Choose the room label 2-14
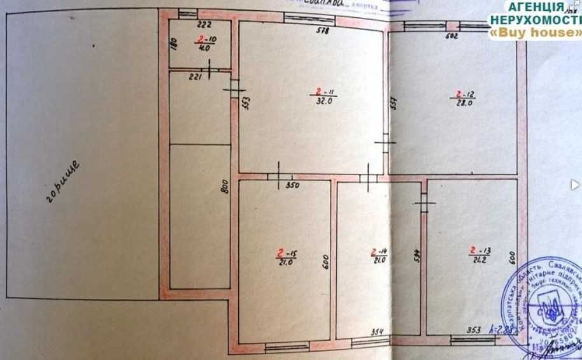[380, 254]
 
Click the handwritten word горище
[63, 182]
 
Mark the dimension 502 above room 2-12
[451, 37]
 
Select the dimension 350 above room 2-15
[293, 186]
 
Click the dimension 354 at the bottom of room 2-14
[378, 331]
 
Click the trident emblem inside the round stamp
[551, 310]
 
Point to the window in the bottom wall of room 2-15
[287, 348]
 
